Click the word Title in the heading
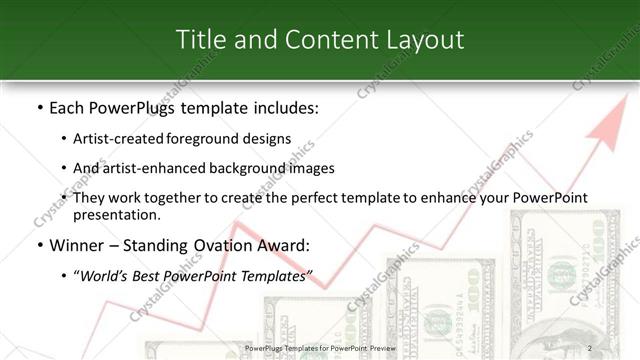coord(200,39)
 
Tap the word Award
coord(287,245)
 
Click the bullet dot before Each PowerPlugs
coord(39,107)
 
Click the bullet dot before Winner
coord(39,245)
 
